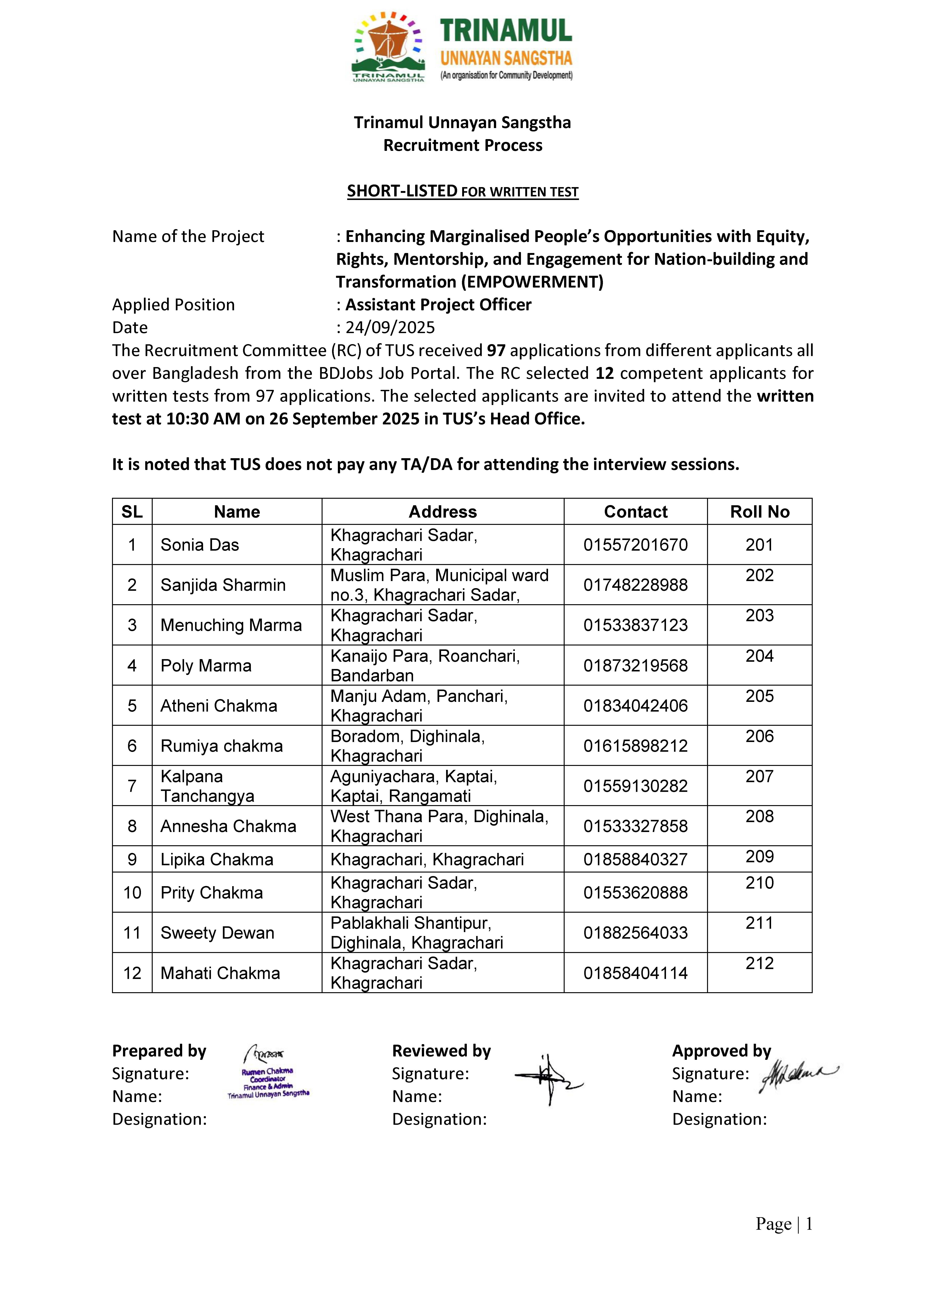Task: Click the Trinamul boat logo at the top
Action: pos(389,47)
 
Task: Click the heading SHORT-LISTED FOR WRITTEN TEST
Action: pos(463,191)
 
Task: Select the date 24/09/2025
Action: pos(390,327)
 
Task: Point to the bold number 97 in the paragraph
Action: pos(496,350)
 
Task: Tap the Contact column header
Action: pos(636,512)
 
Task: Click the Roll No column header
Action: pos(759,512)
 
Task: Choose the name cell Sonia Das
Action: pos(200,545)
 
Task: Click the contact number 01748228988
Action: pos(636,585)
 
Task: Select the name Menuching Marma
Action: pos(231,625)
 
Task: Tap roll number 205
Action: pos(759,696)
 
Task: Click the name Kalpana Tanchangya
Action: pos(208,786)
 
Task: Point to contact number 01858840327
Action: pos(636,860)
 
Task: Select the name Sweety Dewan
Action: pos(217,933)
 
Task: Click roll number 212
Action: pos(759,964)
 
